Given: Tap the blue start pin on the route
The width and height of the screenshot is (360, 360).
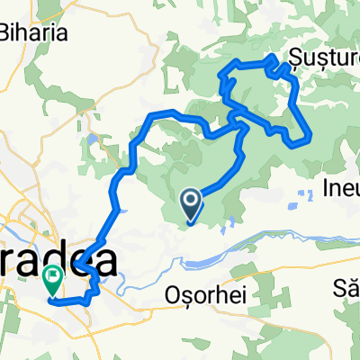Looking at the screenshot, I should pyautogui.click(x=192, y=203).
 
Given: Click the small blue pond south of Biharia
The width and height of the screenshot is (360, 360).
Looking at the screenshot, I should pyautogui.click(x=94, y=139).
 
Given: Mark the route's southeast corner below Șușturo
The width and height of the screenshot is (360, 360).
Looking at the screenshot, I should pyautogui.click(x=309, y=139).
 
